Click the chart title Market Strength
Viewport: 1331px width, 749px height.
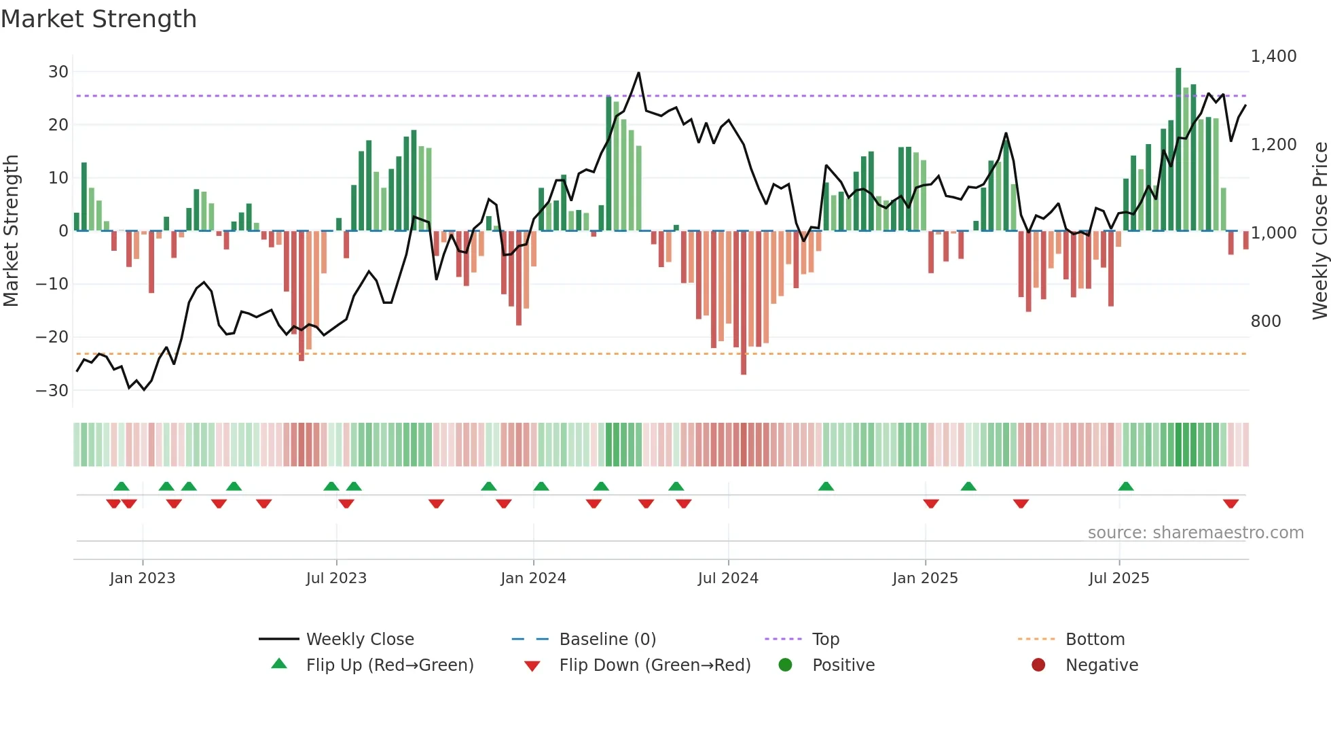[x=98, y=19]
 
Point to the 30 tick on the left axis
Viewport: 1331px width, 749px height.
[x=58, y=72]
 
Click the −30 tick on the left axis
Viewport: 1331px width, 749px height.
[x=52, y=391]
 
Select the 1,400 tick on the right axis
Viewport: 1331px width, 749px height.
[x=1273, y=56]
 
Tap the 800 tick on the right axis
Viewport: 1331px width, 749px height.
[x=1265, y=321]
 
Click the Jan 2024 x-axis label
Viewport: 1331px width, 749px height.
[x=533, y=578]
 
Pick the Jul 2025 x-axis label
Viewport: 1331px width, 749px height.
[x=1118, y=578]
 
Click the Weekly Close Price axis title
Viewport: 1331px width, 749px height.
[x=1319, y=231]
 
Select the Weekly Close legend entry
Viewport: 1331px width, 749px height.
[x=359, y=640]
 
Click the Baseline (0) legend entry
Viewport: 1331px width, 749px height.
[x=607, y=640]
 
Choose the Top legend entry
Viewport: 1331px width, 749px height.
[x=825, y=640]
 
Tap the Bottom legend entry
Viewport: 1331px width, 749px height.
[x=1095, y=640]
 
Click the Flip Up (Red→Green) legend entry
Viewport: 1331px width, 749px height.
[x=389, y=665]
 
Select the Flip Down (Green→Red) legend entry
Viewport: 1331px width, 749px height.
[x=655, y=665]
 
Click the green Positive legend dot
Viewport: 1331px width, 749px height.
[x=785, y=665]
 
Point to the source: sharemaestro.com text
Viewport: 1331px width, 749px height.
[x=1195, y=533]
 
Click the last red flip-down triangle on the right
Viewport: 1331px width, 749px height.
[x=1230, y=504]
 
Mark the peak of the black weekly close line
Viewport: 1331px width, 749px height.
[x=638, y=73]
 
